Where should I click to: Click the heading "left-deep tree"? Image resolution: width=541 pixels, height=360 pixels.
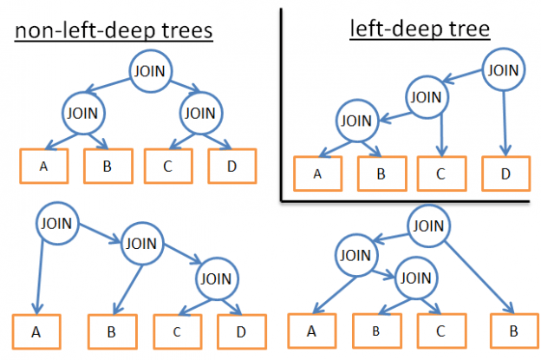[x=420, y=29]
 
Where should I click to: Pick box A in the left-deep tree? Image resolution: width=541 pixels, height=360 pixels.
[x=317, y=174]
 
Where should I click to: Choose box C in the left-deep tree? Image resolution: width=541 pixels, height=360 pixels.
[x=440, y=174]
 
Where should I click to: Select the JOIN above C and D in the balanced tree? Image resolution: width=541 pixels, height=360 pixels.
[x=199, y=112]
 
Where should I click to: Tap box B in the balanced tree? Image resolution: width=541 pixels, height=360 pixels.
[x=108, y=167]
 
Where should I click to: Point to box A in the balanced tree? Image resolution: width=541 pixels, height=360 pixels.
[x=43, y=167]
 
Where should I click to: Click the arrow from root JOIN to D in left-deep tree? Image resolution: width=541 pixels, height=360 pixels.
[x=505, y=121]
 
